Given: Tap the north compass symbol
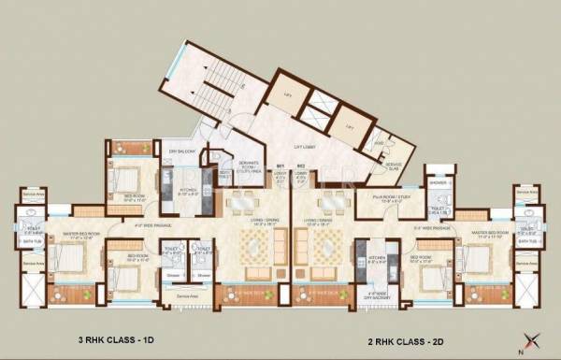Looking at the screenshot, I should coord(534,338).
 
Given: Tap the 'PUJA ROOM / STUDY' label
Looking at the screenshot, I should coord(392,199).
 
